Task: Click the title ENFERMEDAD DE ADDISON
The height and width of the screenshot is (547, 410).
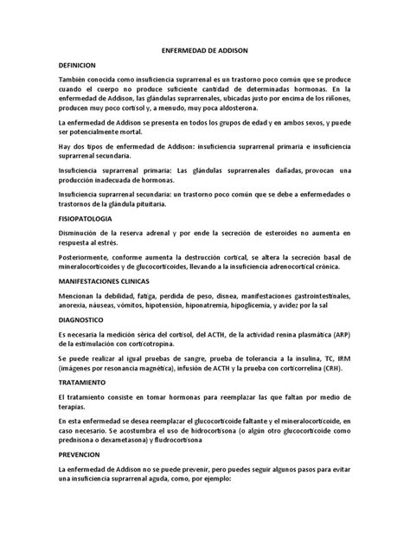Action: coord(204,50)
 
